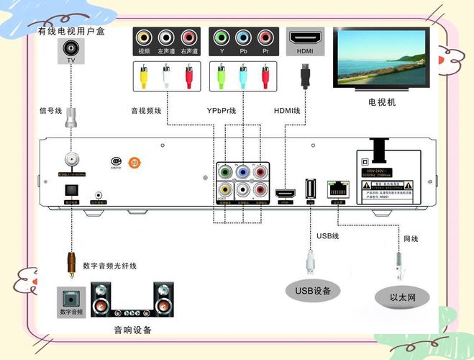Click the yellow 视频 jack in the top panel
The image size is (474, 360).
tap(144, 37)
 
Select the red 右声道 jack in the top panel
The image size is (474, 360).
tap(189, 37)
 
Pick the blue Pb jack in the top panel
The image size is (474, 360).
tap(243, 37)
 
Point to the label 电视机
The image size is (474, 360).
tap(382, 102)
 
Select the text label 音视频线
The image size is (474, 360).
tap(147, 111)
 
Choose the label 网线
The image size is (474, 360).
tap(410, 238)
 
